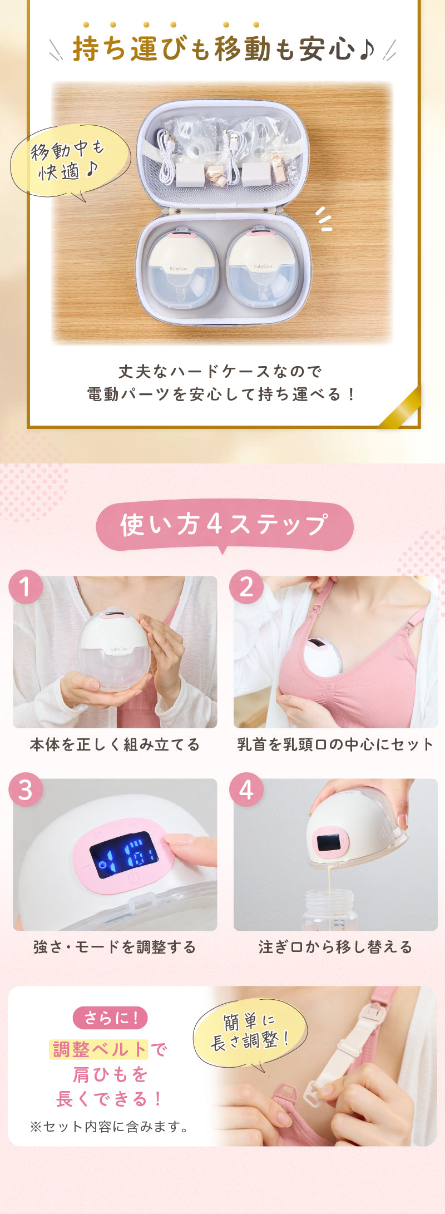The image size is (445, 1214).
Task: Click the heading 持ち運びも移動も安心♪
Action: tap(222, 49)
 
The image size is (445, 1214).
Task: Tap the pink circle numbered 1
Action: tap(26, 587)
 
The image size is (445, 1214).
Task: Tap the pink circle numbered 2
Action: tap(246, 587)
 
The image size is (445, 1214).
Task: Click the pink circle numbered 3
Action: tap(26, 789)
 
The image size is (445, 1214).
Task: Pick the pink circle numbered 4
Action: tap(246, 789)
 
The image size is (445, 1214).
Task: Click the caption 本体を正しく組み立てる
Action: tap(115, 744)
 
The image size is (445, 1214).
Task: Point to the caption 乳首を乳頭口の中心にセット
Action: tap(335, 744)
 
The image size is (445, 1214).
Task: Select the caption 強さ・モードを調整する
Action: tap(115, 947)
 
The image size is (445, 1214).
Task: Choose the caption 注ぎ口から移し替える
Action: tap(335, 947)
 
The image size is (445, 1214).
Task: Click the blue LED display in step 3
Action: tap(123, 855)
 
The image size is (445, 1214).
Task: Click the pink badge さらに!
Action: tap(111, 1018)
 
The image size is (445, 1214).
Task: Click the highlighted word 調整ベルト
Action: tap(99, 1050)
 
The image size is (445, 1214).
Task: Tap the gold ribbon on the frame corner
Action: tap(400, 409)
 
